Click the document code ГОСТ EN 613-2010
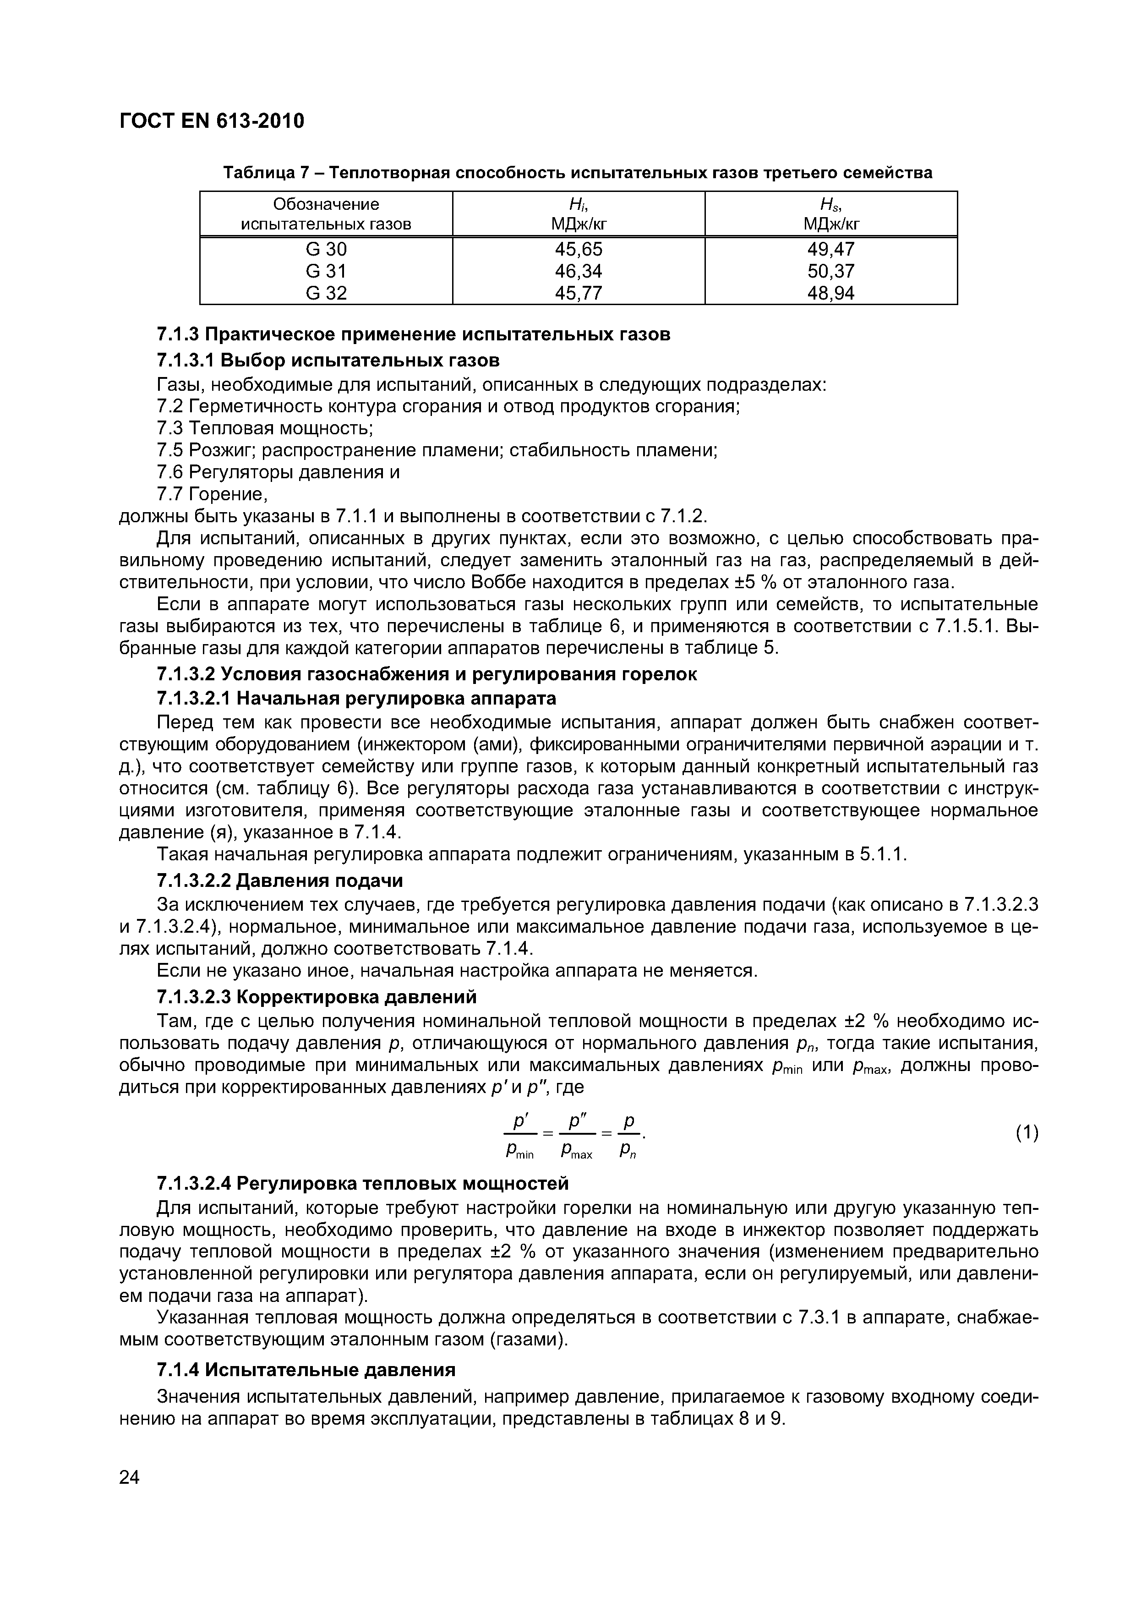point(212,121)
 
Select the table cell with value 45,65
point(578,249)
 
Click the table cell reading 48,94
point(831,293)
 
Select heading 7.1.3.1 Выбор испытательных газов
point(328,361)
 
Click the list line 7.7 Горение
point(212,494)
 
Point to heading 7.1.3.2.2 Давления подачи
point(280,880)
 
